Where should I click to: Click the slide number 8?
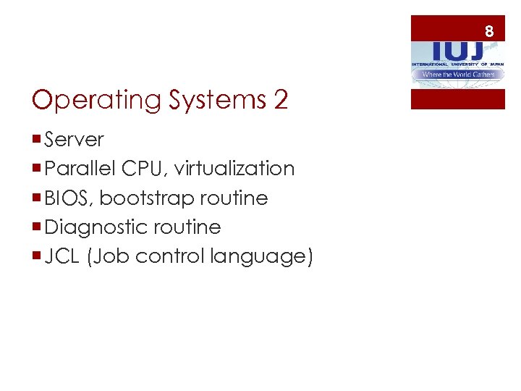tap(489, 31)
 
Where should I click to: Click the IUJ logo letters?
tap(457, 50)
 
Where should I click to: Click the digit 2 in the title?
tap(281, 100)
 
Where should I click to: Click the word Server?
tap(75, 139)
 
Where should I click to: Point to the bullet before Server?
tap(37, 139)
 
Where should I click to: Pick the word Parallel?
tap(80, 169)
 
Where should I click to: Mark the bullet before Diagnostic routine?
tap(37, 227)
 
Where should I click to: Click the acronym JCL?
tap(62, 256)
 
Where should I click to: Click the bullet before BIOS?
tap(37, 198)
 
